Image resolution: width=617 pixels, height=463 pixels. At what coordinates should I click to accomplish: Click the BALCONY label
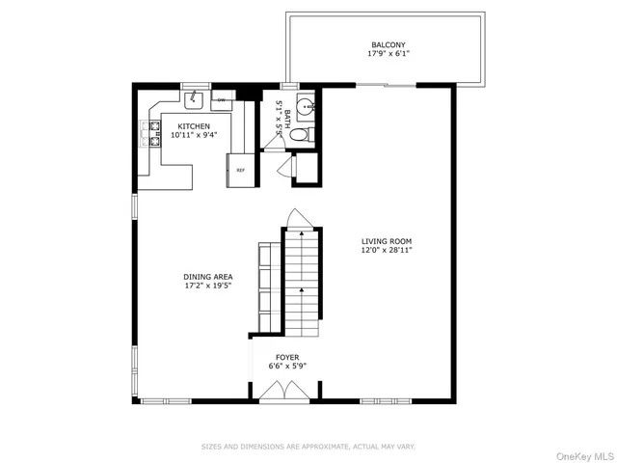click(389, 44)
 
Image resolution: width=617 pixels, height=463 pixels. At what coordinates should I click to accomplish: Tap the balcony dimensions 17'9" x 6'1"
click(389, 54)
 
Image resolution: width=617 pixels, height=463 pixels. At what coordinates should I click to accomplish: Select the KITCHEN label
click(194, 125)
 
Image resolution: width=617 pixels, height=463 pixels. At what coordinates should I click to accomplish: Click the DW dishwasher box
click(221, 99)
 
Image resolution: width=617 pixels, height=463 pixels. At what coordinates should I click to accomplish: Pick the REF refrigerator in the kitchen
click(239, 171)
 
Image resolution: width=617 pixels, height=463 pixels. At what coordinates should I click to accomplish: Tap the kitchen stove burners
click(149, 133)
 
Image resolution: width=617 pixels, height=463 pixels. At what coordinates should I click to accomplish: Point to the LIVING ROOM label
click(387, 241)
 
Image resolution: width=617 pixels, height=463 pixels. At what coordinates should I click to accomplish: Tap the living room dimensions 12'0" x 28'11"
click(387, 251)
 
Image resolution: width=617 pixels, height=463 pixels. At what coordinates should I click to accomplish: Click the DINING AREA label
click(208, 276)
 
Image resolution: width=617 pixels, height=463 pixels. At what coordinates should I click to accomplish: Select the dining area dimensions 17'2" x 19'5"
click(208, 286)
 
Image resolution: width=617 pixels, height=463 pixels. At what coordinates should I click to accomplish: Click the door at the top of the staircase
click(301, 219)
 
